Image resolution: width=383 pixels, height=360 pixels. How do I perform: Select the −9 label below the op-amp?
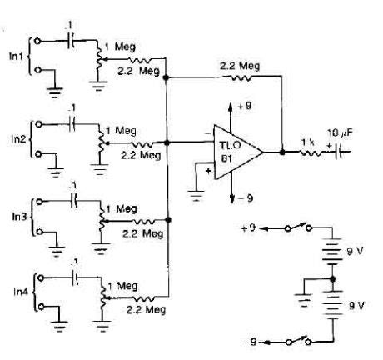coord(243,197)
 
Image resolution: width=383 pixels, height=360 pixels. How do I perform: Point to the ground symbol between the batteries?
coord(301,292)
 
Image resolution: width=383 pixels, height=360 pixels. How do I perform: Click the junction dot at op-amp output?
coord(284,152)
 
